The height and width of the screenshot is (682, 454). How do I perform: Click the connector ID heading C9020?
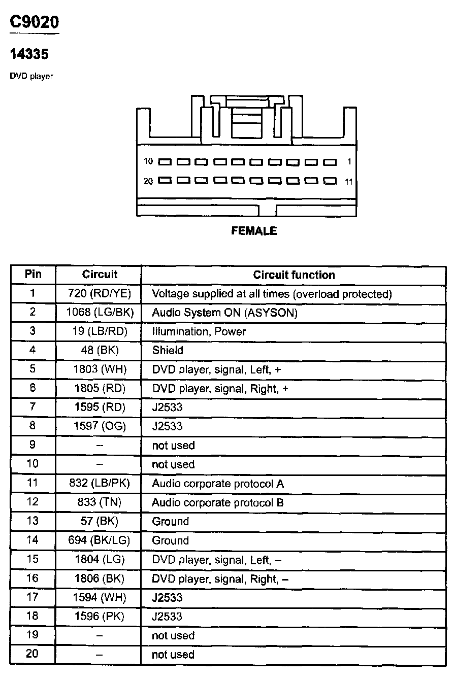35,22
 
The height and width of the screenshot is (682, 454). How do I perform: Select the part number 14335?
29,54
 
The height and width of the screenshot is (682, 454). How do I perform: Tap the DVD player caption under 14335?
31,77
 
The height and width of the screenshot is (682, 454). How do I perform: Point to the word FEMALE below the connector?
254,231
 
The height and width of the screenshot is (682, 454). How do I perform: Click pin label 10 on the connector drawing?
148,162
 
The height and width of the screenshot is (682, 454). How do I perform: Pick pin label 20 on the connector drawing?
148,181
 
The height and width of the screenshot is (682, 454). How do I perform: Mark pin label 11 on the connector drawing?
348,181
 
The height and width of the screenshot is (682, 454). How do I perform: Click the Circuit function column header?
294,275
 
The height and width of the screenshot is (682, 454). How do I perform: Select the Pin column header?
33,275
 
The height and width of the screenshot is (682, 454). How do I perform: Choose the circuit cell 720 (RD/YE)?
100,294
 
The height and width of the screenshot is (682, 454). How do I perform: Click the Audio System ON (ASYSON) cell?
224,313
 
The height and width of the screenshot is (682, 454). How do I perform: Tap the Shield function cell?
168,350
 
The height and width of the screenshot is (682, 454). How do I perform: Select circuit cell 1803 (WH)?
100,369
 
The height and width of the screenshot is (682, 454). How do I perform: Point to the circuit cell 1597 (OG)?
100,426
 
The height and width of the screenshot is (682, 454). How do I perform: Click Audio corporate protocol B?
218,502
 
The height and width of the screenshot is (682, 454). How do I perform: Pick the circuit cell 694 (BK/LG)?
100,540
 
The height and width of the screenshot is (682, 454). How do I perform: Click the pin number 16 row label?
33,578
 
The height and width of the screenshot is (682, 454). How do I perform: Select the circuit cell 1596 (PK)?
100,617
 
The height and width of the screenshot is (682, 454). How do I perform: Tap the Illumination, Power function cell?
199,331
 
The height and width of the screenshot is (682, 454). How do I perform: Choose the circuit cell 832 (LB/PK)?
100,484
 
